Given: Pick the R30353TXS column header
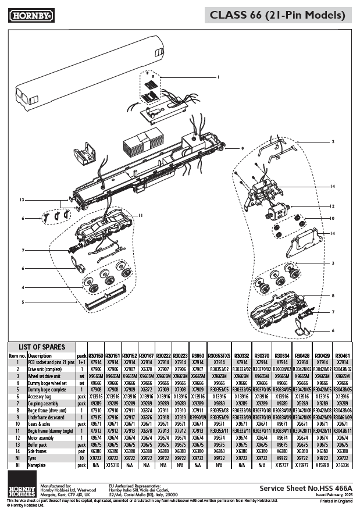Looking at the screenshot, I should pyautogui.click(x=219, y=355).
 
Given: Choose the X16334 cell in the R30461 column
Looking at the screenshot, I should pyautogui.click(x=343, y=465).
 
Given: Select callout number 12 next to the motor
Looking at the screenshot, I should pyautogui.click(x=332, y=206).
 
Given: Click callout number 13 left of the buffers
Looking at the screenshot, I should pyautogui.click(x=22, y=199).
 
